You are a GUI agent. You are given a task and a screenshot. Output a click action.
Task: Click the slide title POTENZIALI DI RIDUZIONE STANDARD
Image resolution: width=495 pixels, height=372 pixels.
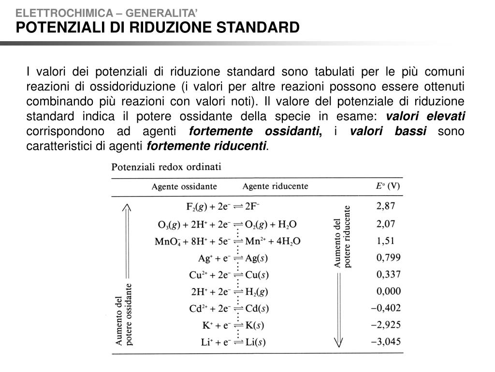[x=158, y=27]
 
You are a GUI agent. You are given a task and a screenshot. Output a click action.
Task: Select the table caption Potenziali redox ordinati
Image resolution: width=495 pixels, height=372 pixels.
[x=166, y=167]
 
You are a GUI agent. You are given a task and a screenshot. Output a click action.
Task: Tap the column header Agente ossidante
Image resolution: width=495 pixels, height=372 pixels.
[x=184, y=186]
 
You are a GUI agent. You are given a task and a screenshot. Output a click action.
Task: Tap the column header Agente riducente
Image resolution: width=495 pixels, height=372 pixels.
[x=275, y=186]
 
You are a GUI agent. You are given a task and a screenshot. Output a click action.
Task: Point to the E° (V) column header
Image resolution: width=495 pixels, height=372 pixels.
[x=388, y=186]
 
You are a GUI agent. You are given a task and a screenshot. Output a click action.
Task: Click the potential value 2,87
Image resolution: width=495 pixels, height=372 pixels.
[x=386, y=206]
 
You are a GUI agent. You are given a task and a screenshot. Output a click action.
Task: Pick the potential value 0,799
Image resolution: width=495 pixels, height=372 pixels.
[x=388, y=258]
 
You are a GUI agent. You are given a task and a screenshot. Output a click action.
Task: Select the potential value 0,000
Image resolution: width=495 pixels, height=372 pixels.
[x=388, y=291]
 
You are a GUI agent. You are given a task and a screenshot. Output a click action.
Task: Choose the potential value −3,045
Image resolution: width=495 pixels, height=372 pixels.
[x=386, y=341]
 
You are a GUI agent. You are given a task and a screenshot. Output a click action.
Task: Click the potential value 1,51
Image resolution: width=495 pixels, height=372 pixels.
[x=386, y=241]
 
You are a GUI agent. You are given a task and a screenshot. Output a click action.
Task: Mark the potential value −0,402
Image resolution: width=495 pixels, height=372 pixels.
[x=386, y=308]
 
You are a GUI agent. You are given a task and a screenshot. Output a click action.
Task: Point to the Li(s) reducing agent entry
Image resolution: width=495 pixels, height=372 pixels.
[x=255, y=342]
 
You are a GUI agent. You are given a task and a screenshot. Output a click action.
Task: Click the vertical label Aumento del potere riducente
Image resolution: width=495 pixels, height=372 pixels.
[x=342, y=236]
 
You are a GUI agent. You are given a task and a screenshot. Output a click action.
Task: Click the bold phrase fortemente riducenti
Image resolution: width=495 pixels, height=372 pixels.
[x=207, y=146]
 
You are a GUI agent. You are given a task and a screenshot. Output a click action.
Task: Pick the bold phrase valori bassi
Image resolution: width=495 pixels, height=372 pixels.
[x=388, y=131]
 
